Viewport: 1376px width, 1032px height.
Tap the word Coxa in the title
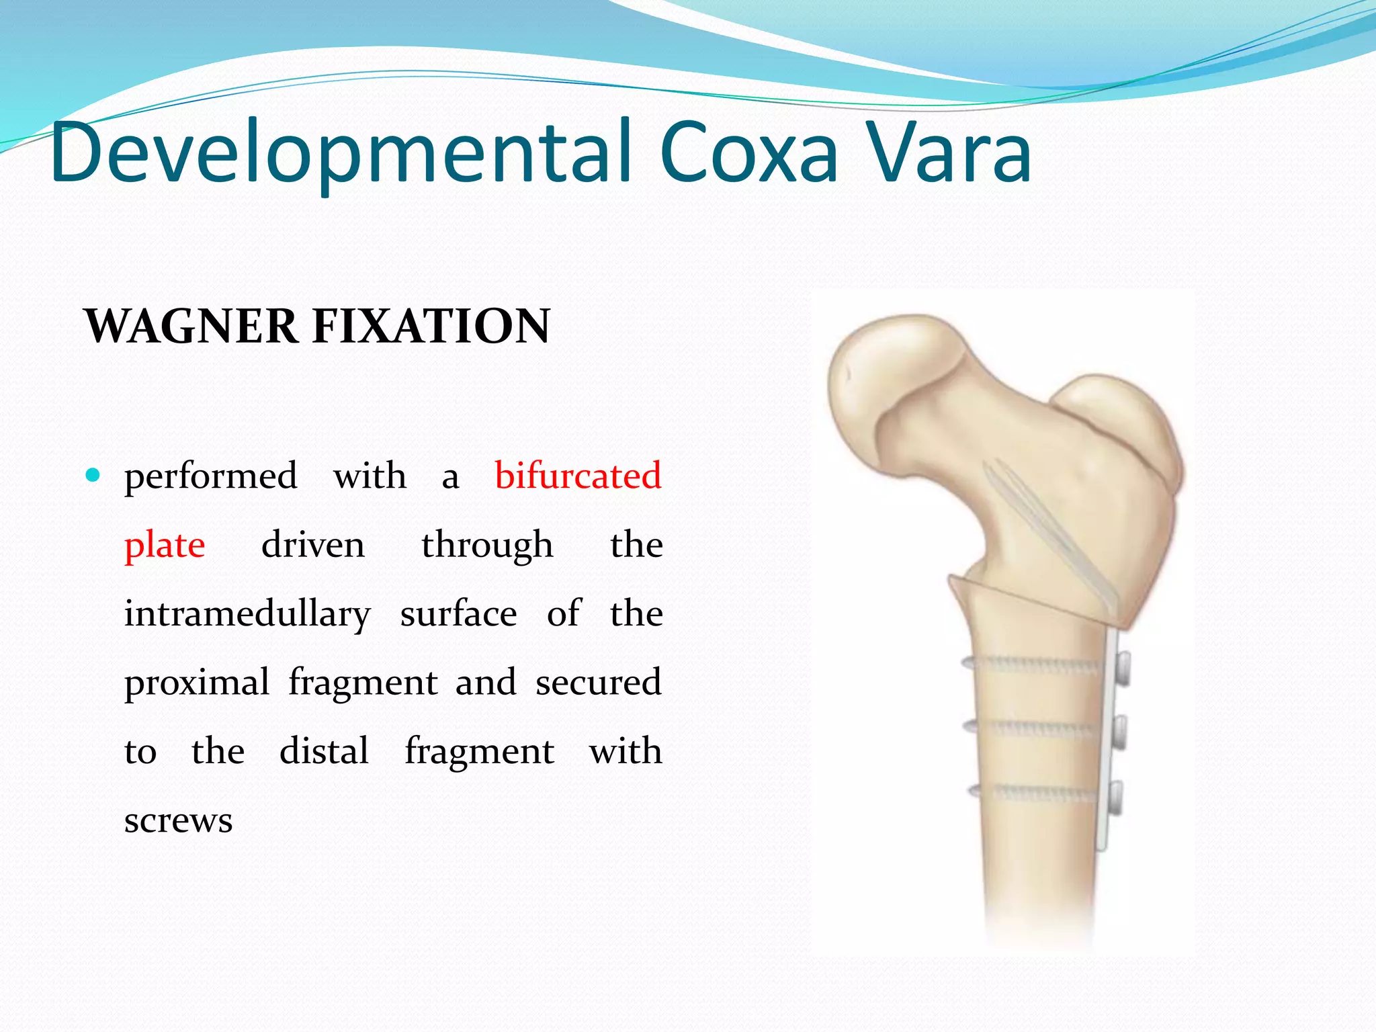click(x=748, y=153)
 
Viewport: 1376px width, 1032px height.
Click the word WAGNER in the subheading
click(x=191, y=327)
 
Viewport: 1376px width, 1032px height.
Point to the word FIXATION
click(x=431, y=327)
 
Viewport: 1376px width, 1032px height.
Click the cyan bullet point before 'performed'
click(x=93, y=476)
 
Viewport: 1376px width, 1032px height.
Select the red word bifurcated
click(x=578, y=476)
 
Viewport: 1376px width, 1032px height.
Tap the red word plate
click(x=165, y=545)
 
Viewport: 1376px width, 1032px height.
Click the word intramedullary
click(x=247, y=614)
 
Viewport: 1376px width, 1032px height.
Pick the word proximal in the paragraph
click(x=197, y=683)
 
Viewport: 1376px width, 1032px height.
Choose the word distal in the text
click(x=324, y=751)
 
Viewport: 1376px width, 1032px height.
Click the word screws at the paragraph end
click(x=178, y=820)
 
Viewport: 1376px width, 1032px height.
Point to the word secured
click(x=599, y=683)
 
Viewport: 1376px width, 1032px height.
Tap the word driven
click(x=313, y=545)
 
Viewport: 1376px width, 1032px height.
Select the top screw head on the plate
click(x=1121, y=669)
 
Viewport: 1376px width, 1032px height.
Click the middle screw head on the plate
click(x=1120, y=732)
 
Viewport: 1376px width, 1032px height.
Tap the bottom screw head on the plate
click(x=1116, y=797)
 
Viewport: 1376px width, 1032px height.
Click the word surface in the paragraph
click(x=458, y=614)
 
